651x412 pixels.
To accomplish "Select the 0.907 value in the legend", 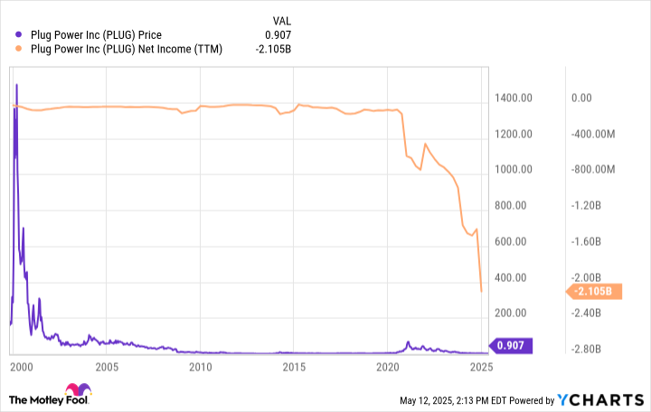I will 277,35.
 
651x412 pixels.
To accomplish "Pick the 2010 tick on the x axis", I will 201,367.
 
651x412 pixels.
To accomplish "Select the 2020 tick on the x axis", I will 388,367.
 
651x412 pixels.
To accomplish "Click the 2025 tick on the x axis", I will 481,367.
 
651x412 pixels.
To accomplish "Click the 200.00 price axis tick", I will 516,313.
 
